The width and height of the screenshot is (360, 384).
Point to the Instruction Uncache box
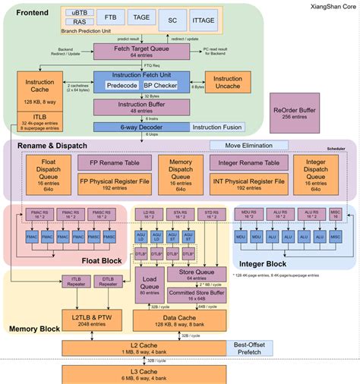[x=228, y=83]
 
